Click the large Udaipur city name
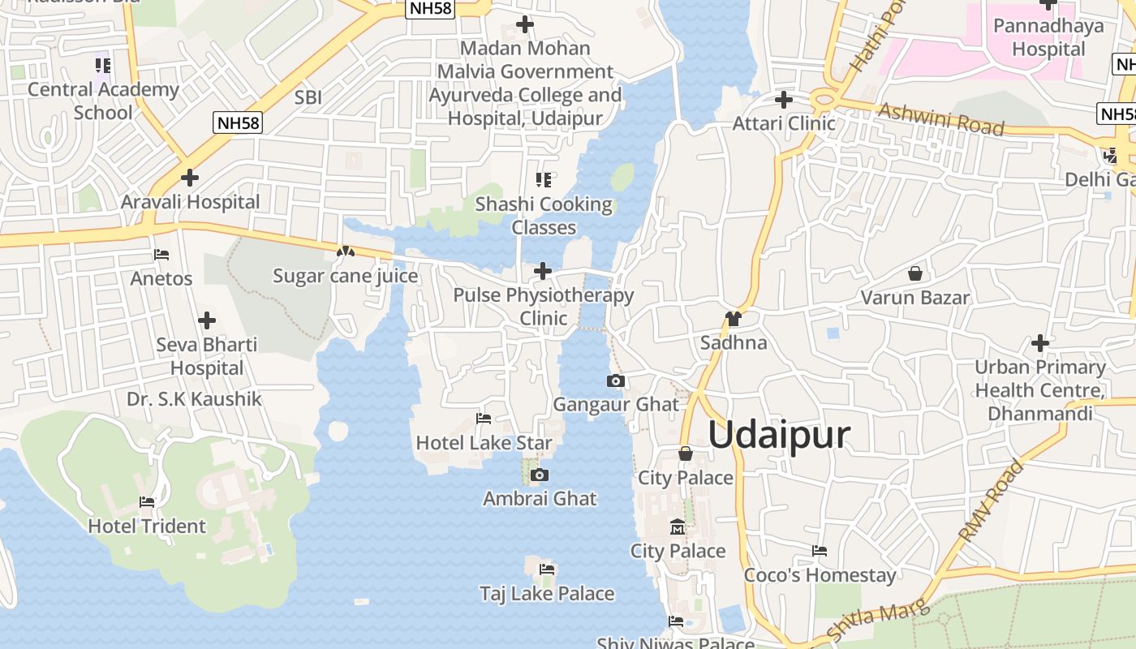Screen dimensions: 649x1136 [779, 435]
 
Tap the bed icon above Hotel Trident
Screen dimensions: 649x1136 [147, 502]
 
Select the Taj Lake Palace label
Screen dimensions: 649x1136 [547, 594]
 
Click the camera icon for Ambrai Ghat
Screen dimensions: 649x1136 [540, 475]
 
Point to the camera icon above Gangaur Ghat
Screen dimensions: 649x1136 [616, 380]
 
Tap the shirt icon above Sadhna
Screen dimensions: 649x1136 [734, 318]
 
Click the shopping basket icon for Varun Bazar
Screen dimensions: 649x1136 [915, 273]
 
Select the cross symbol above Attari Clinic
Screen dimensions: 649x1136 [784, 100]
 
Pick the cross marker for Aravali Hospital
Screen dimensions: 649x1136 [190, 177]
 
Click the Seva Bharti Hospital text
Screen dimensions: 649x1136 [207, 356]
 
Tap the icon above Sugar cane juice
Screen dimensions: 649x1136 [346, 252]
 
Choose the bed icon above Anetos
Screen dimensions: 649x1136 [161, 255]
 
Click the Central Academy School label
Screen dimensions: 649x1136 [103, 101]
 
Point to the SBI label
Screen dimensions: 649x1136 [308, 97]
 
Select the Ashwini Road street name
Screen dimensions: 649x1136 [941, 118]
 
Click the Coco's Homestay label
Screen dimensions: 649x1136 [820, 575]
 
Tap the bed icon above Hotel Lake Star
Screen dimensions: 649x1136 [484, 419]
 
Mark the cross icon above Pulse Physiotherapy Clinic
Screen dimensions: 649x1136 [543, 270]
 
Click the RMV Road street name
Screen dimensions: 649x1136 [992, 501]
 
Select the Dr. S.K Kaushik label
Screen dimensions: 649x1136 [195, 399]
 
